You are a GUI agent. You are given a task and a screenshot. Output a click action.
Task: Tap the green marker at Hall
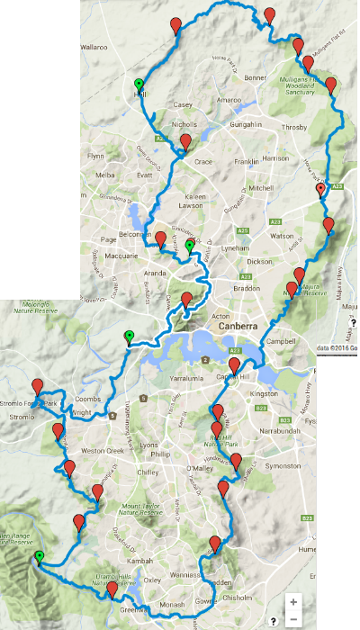(139, 82)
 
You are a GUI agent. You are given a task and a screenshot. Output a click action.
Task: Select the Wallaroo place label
(101, 42)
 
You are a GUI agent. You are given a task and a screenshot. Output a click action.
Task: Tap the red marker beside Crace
(185, 142)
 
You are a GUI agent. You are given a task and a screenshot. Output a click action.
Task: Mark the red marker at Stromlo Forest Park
(38, 386)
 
